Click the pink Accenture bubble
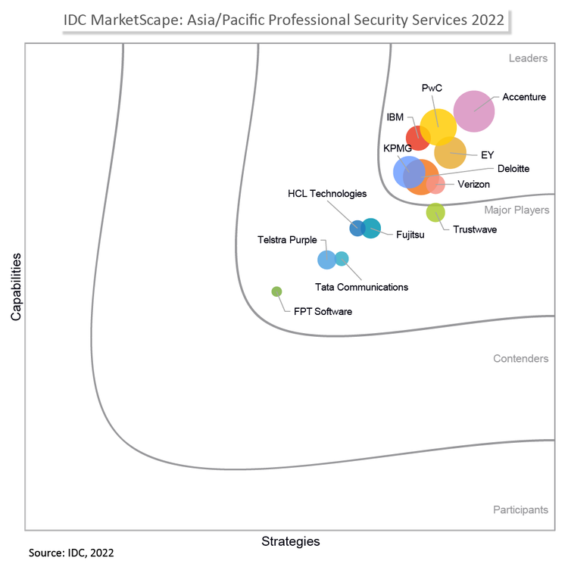(474, 111)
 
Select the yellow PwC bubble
(438, 126)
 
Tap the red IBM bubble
(417, 139)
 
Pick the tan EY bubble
(451, 154)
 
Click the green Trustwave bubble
(435, 213)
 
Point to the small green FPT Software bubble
(276, 291)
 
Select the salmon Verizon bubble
(435, 184)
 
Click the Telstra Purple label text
(287, 240)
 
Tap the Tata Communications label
(361, 287)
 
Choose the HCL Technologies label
(327, 194)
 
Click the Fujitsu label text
(410, 235)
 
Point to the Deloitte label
(513, 168)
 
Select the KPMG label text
(397, 148)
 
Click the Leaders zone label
(528, 58)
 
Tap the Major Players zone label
(517, 210)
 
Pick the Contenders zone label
(520, 358)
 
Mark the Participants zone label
(520, 509)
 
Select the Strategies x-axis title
(290, 541)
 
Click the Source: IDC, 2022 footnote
(71, 553)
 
